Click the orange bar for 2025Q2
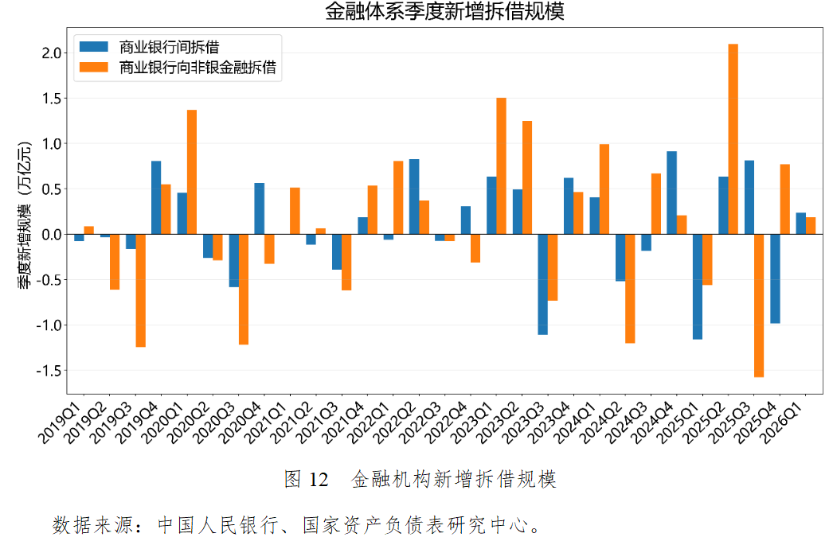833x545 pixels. tap(733, 139)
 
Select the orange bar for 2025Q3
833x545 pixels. tap(759, 306)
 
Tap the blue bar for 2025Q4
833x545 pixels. tap(775, 278)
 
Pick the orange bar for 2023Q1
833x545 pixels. tap(501, 166)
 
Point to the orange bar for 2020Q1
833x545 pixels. tap(192, 172)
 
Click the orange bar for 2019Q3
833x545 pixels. tap(140, 290)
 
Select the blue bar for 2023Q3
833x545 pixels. tap(543, 284)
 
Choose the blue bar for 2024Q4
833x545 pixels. tap(672, 193)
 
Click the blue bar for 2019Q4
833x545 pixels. tap(156, 197)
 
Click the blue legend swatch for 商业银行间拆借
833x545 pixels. tap(95, 46)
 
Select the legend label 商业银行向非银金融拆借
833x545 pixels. tap(197, 68)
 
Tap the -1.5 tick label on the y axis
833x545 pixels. tap(49, 371)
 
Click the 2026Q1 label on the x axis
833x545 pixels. tap(807, 417)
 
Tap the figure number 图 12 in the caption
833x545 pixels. tap(306, 479)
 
